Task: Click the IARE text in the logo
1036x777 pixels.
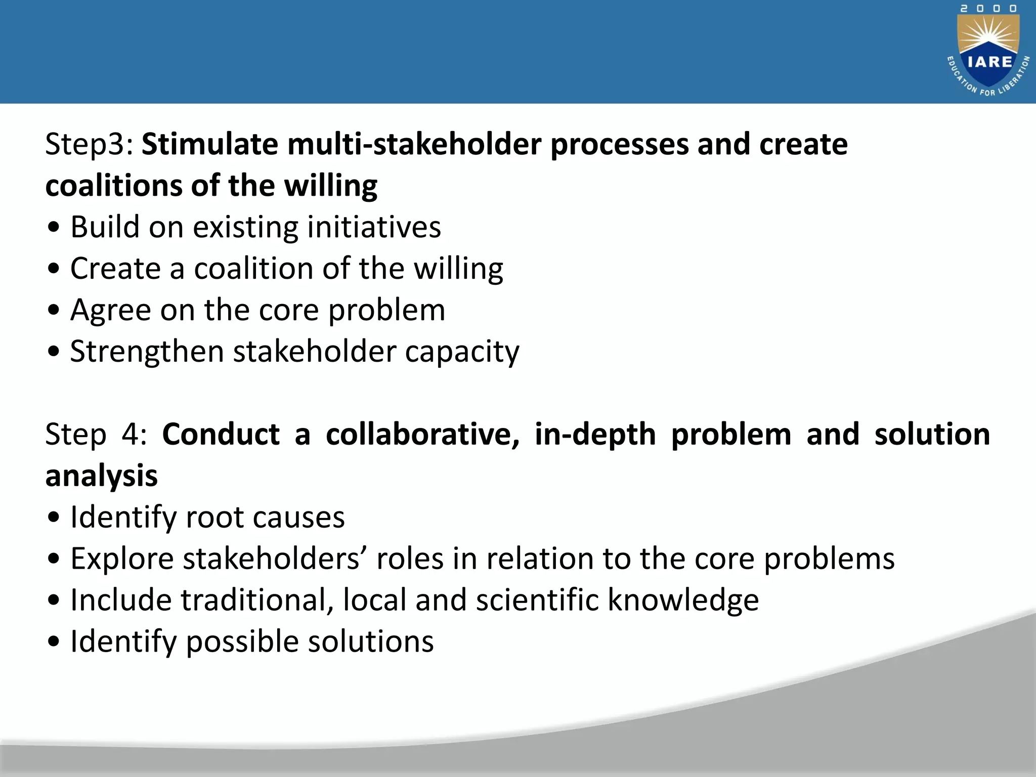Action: click(989, 62)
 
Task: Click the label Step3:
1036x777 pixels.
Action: click(89, 145)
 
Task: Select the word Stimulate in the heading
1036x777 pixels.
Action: click(209, 145)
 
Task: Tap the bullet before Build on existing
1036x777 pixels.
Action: click(54, 228)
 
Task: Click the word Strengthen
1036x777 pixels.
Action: click(147, 352)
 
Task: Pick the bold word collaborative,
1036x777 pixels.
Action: click(422, 435)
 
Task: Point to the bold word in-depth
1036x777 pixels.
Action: click(595, 435)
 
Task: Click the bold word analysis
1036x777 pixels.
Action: click(101, 476)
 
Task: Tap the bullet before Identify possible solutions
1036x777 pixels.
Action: click(54, 642)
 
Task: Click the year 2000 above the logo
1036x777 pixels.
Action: click(988, 9)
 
